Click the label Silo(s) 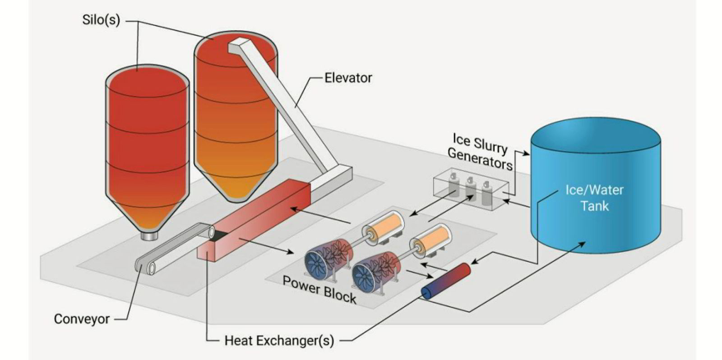coord(101,20)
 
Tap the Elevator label coord(348,78)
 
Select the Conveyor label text coord(82,319)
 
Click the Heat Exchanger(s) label coord(279,340)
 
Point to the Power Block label coord(319,289)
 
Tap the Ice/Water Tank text coord(594,198)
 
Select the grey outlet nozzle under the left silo coord(148,235)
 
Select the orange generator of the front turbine coord(433,240)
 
